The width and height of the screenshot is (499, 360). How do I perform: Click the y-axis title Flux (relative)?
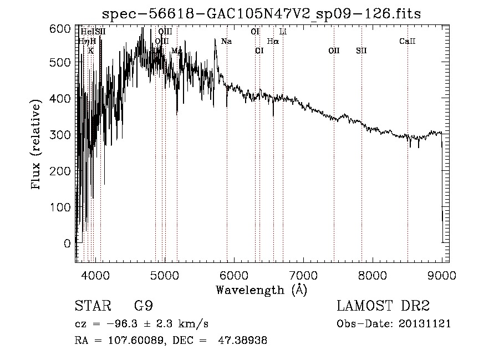(x=37, y=145)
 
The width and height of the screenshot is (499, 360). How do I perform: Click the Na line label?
(x=226, y=42)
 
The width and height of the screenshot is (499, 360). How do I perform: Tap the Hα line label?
(x=273, y=42)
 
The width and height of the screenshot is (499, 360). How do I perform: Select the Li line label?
(x=283, y=32)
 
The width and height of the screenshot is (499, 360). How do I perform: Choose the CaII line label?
(x=408, y=42)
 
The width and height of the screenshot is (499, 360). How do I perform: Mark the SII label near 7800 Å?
(x=361, y=51)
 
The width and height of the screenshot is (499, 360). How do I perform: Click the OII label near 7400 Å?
(x=334, y=51)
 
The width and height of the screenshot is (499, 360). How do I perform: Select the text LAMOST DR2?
(x=383, y=306)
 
